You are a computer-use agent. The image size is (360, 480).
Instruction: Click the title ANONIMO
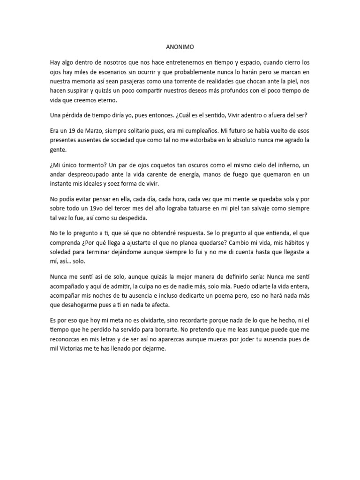tap(180, 47)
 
